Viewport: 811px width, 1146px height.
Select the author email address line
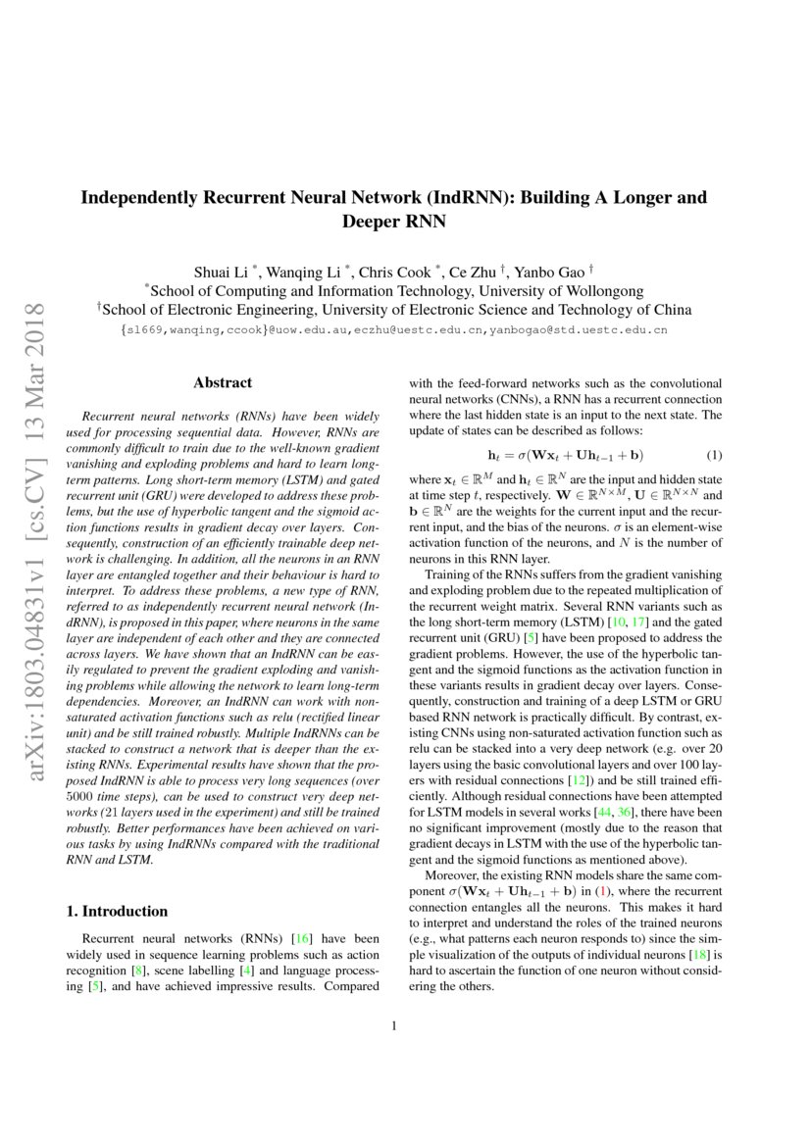click(x=393, y=330)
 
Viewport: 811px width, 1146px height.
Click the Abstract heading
click(x=223, y=383)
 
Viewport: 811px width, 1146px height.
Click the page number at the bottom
click(x=393, y=1026)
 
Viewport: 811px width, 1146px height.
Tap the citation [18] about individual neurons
click(x=699, y=954)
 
